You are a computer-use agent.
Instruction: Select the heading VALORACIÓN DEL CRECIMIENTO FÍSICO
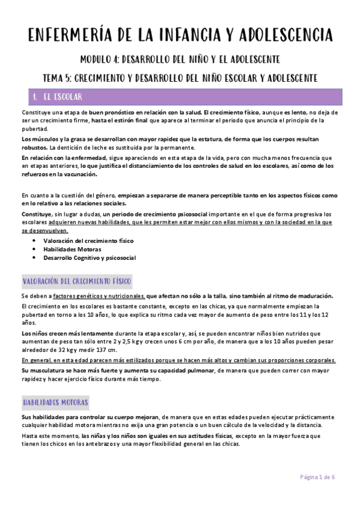point(77,281)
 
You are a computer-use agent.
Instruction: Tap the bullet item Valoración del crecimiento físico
point(80,241)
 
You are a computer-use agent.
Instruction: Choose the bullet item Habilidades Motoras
point(72,249)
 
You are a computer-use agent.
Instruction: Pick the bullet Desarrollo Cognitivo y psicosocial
point(89,257)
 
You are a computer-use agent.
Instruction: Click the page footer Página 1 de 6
point(318,476)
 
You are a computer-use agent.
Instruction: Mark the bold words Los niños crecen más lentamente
point(66,332)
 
